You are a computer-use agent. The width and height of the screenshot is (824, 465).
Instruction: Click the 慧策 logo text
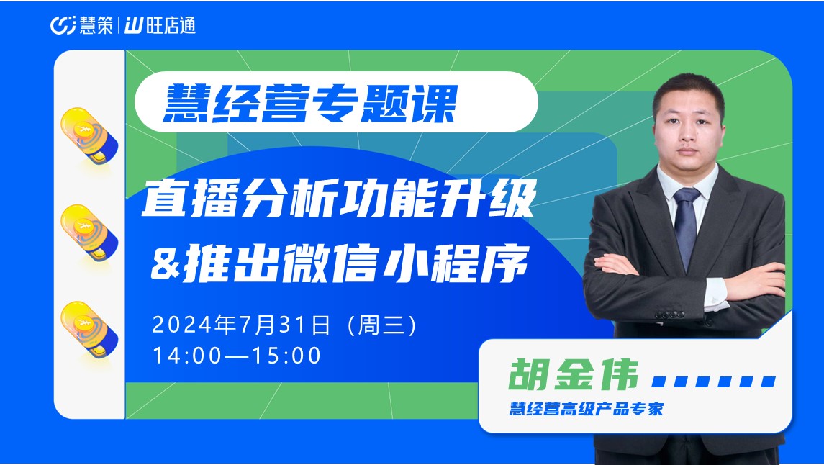tap(96, 25)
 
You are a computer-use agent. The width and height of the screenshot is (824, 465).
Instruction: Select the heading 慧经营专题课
tap(310, 104)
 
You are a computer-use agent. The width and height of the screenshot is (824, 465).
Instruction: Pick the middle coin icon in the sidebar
tap(89, 232)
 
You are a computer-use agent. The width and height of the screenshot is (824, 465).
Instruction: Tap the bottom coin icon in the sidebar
tap(89, 330)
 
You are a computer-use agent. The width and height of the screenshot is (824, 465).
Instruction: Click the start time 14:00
tap(188, 356)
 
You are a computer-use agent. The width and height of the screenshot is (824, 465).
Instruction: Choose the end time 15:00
tap(287, 356)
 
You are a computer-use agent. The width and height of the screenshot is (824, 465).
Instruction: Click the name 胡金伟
tap(574, 374)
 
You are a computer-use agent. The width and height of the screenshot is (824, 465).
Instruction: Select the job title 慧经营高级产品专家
tap(586, 408)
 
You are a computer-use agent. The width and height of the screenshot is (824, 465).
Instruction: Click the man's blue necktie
tap(686, 226)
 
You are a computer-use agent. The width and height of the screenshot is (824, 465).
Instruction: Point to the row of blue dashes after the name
tap(714, 382)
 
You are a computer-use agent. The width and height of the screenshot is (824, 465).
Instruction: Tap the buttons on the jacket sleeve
tap(669, 315)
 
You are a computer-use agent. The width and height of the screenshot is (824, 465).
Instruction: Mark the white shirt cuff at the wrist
tap(716, 294)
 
